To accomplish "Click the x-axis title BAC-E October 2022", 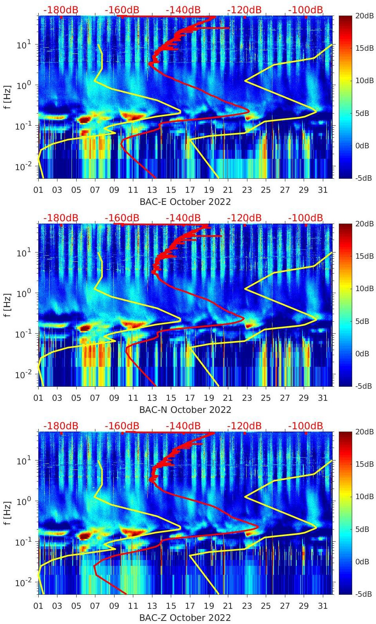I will click(x=185, y=202).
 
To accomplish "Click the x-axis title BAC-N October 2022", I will click(x=185, y=410).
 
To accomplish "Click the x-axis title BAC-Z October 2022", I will click(x=185, y=618).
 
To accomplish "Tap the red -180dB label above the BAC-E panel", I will click(x=61, y=10).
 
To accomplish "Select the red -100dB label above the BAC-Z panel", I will click(x=306, y=426).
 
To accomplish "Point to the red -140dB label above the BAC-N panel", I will click(x=183, y=218).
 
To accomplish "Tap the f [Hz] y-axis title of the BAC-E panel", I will click(x=7, y=97).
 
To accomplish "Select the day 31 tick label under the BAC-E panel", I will click(x=322, y=190).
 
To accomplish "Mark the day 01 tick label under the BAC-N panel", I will click(x=38, y=398).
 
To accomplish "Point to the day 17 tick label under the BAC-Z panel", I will click(x=190, y=606).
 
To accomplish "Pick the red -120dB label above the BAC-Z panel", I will click(x=244, y=426).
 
